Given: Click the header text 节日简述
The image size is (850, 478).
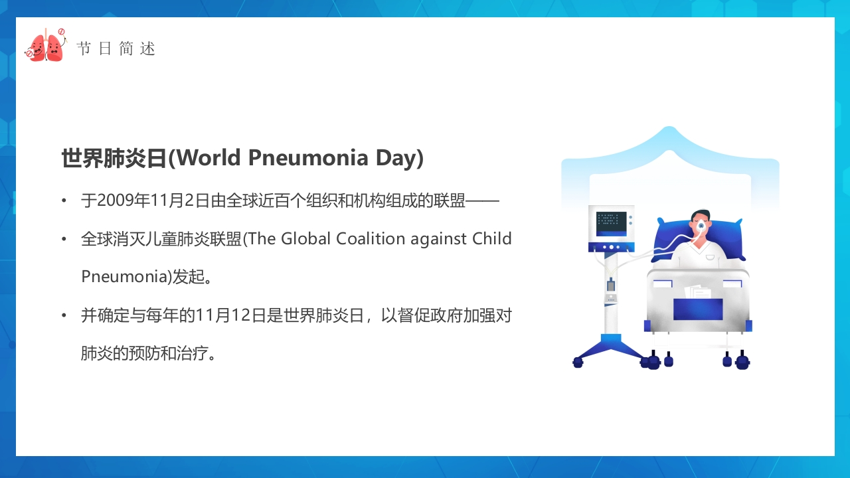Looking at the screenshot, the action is (116, 49).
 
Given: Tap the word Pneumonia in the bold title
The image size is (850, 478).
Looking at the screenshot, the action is (308, 158).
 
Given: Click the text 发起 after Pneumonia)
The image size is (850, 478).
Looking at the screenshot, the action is (188, 277).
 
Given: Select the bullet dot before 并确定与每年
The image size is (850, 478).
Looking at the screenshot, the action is (64, 315).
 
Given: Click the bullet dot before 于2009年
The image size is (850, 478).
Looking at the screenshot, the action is (64, 200).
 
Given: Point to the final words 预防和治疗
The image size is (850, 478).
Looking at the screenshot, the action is (168, 353).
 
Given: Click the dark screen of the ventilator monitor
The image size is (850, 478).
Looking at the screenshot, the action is (611, 224).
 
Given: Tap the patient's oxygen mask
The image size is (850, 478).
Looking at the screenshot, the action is (701, 227).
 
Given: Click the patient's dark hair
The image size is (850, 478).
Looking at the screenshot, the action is (700, 214).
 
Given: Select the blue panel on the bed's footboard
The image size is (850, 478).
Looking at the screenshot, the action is (698, 309).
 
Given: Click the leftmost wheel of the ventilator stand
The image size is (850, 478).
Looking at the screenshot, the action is (578, 362).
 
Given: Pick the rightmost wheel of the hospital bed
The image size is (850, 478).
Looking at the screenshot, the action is (742, 362).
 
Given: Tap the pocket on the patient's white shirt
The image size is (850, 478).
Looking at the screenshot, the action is (710, 258).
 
